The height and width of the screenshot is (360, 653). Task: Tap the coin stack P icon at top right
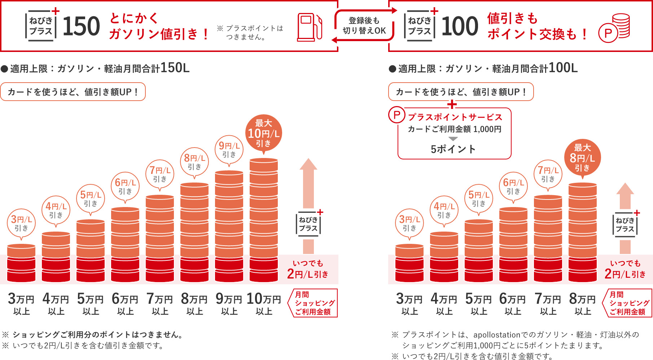pos(614,28)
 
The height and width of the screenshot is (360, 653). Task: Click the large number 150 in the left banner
pos(81,27)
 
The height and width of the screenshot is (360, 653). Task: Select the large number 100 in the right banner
pos(460,27)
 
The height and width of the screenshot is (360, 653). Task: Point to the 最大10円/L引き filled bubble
pos(264,133)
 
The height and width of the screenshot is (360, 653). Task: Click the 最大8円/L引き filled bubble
pos(582,158)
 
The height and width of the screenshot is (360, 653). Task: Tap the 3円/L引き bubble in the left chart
pos(21,223)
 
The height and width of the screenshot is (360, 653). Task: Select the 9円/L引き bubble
pos(229,150)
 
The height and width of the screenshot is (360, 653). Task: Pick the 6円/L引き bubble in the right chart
pos(513,186)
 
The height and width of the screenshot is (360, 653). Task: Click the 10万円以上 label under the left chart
pos(264,304)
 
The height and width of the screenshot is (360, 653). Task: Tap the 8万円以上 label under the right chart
pos(582,304)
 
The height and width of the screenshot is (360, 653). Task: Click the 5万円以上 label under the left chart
pos(90,304)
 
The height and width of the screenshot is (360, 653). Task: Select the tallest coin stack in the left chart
pos(264,220)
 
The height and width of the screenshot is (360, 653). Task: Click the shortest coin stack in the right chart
pos(409,263)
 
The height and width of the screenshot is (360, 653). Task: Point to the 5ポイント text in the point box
pos(453,149)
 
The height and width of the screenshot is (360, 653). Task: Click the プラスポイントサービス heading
pos(455,117)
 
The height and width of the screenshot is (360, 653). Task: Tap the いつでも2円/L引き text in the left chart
pos(308,269)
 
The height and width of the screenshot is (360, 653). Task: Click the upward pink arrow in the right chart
pos(625,197)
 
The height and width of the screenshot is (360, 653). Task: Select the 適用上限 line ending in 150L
pos(96,68)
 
